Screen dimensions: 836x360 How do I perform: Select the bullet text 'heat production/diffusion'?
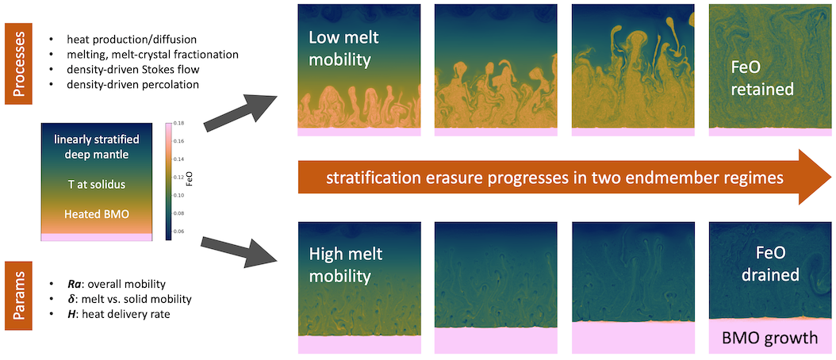point(123,40)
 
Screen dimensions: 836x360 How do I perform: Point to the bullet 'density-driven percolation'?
point(126,84)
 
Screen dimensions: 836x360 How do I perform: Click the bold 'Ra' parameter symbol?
point(72,283)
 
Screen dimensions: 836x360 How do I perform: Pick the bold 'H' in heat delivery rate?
point(70,314)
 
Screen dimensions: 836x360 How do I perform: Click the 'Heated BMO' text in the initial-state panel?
point(97,214)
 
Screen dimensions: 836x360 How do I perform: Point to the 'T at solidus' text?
point(97,185)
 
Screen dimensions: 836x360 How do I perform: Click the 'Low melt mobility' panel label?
point(339,48)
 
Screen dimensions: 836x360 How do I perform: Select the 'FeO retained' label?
point(761,79)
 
